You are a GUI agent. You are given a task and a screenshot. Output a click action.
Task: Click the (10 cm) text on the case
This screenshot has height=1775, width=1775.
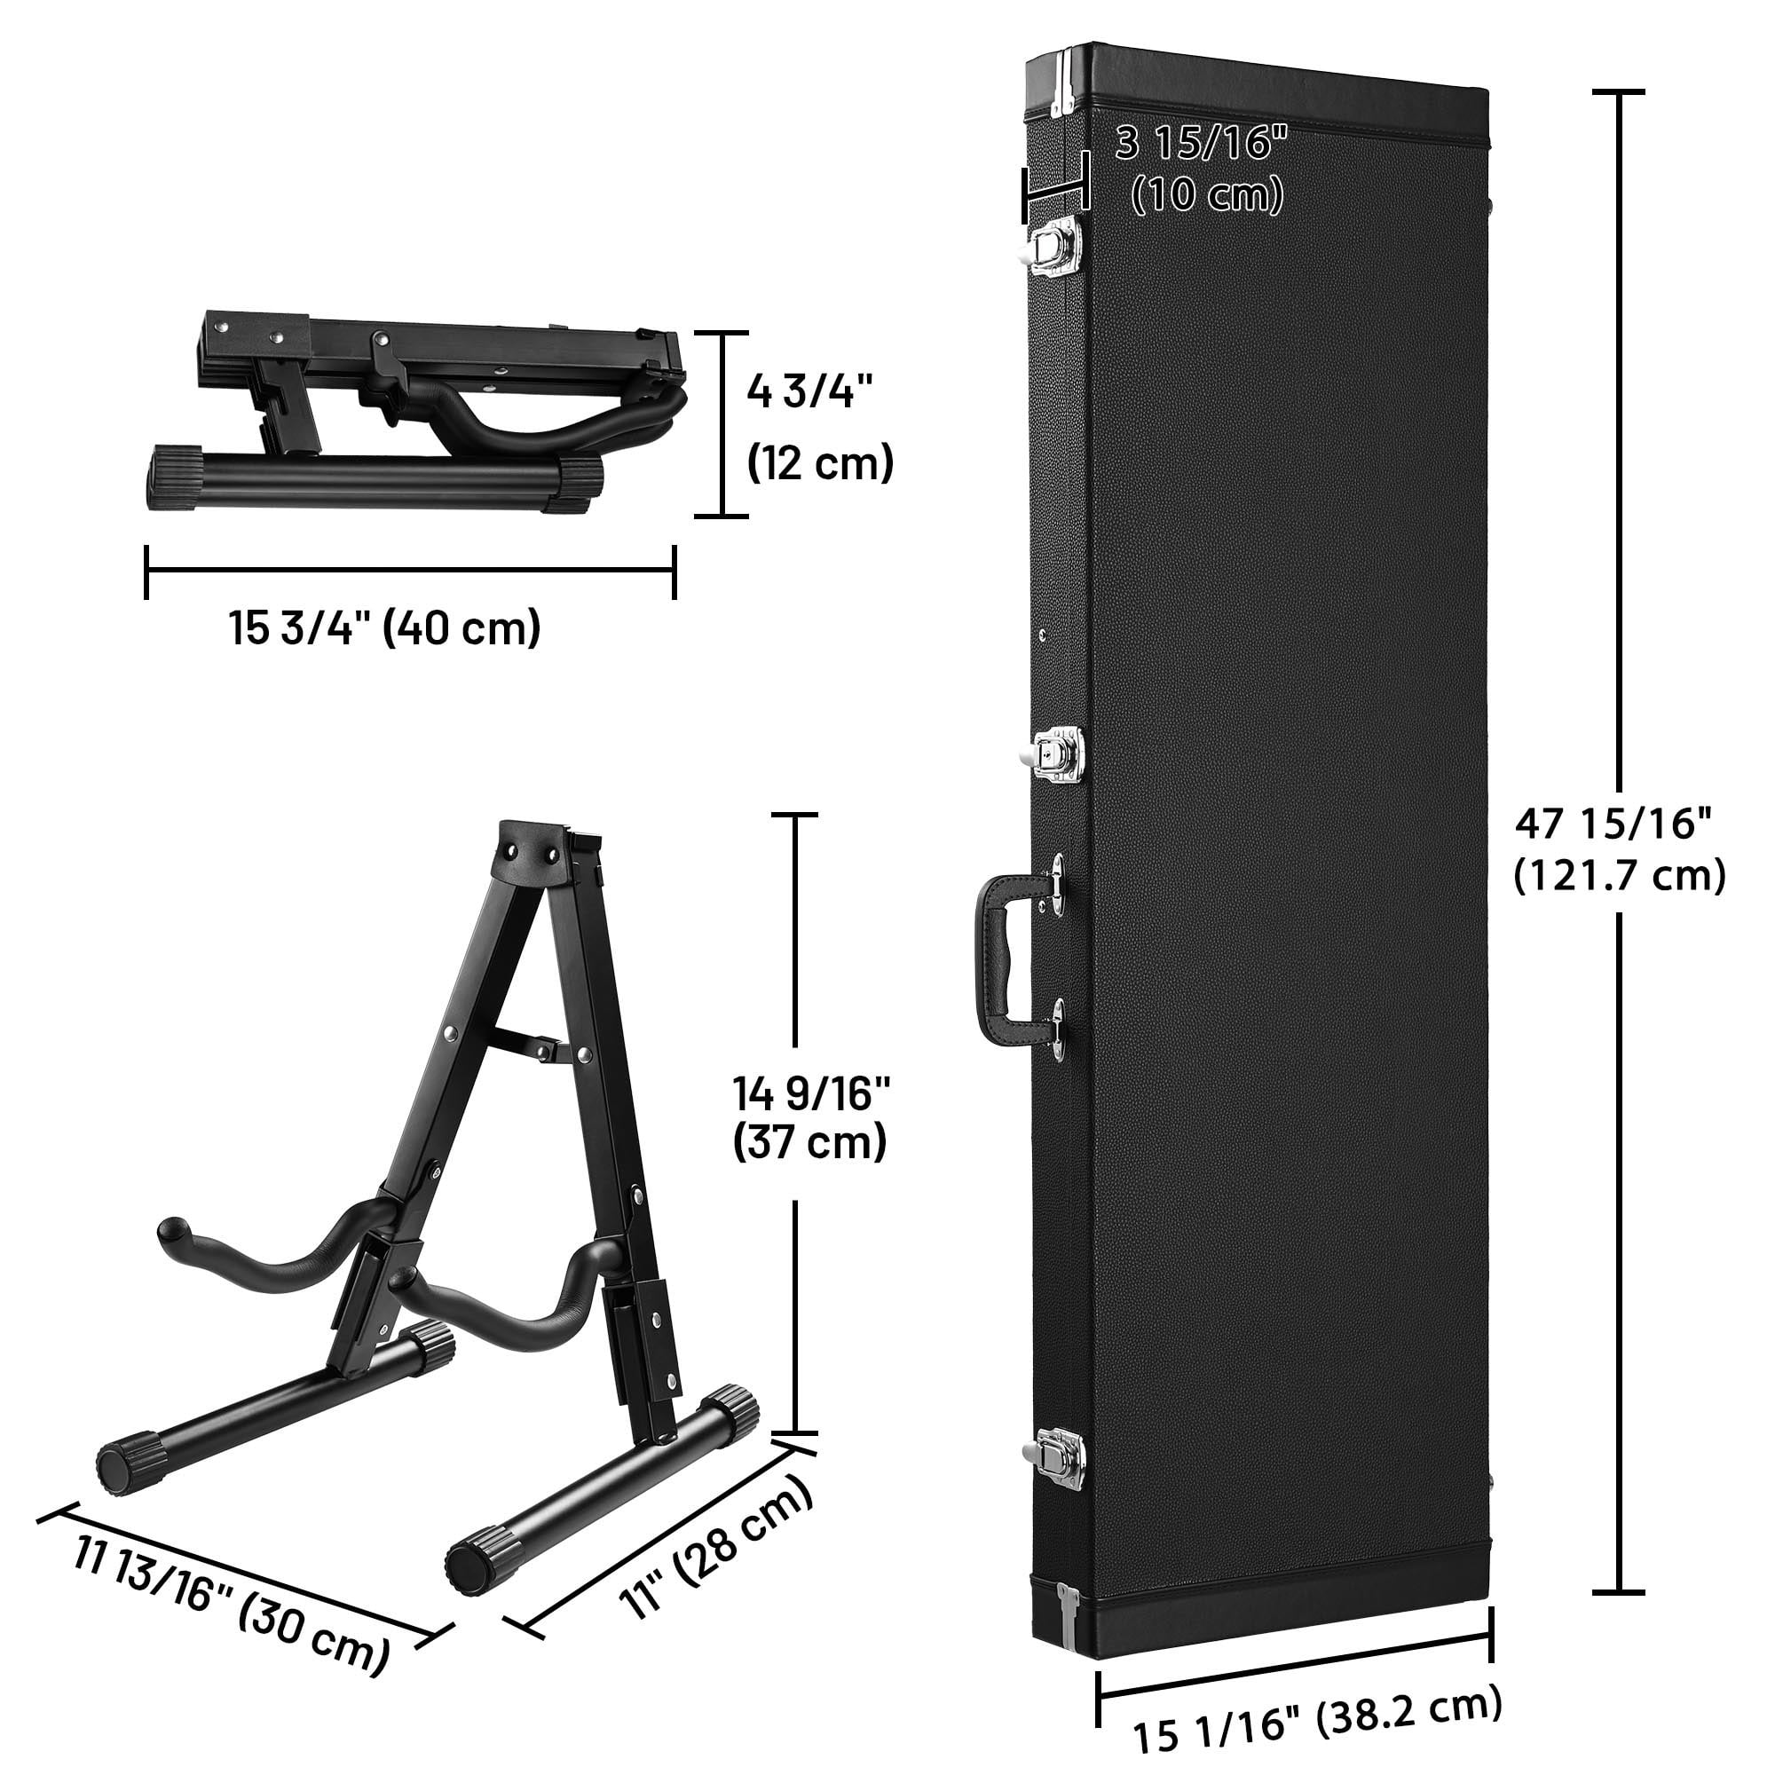[1207, 193]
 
